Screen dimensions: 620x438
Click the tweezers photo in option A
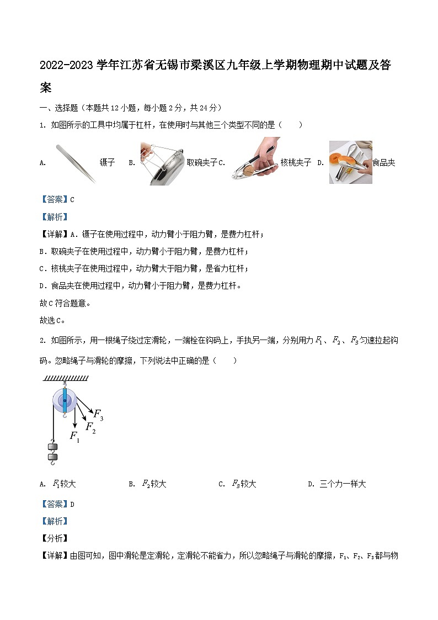76,162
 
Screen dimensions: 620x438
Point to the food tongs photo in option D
350,162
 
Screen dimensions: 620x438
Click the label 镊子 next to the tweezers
107,163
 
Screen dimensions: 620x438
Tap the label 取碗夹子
202,163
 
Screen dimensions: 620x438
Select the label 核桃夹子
296,163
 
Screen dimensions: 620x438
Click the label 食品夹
383,163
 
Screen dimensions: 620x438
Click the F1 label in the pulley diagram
74,436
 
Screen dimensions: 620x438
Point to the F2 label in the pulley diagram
90,427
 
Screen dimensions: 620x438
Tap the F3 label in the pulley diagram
98,414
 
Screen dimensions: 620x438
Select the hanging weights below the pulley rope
53,451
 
